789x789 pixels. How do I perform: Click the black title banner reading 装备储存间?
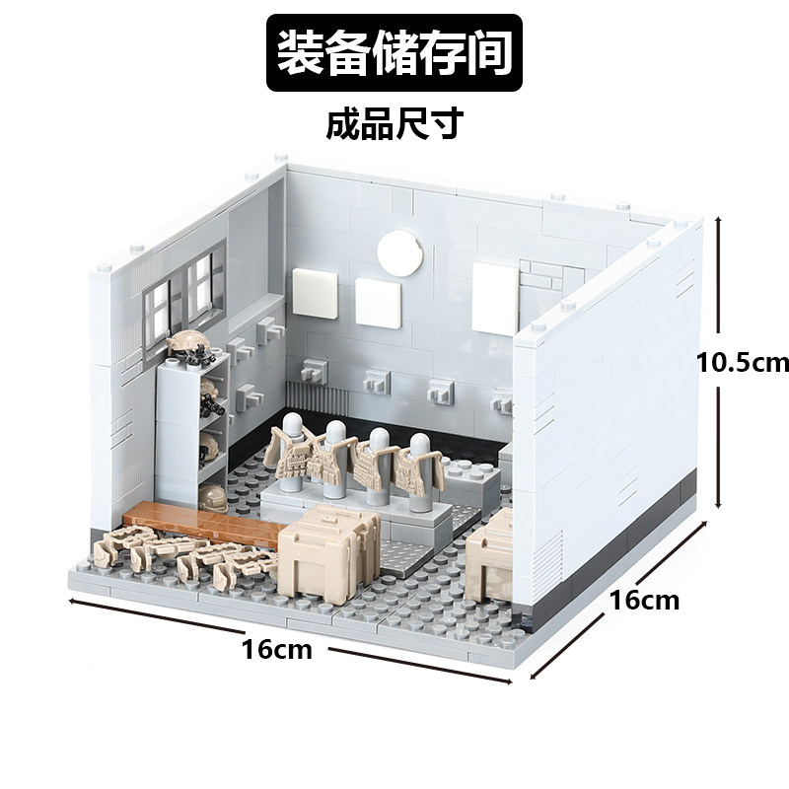pyautogui.click(x=394, y=54)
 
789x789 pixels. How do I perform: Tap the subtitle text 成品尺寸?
pyautogui.click(x=394, y=125)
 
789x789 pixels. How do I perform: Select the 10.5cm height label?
pyautogui.click(x=743, y=363)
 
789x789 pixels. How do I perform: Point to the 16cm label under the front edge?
pyautogui.click(x=277, y=650)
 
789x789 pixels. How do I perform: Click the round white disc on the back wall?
pyautogui.click(x=398, y=252)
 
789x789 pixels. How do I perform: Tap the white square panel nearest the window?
pyautogui.click(x=321, y=288)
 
